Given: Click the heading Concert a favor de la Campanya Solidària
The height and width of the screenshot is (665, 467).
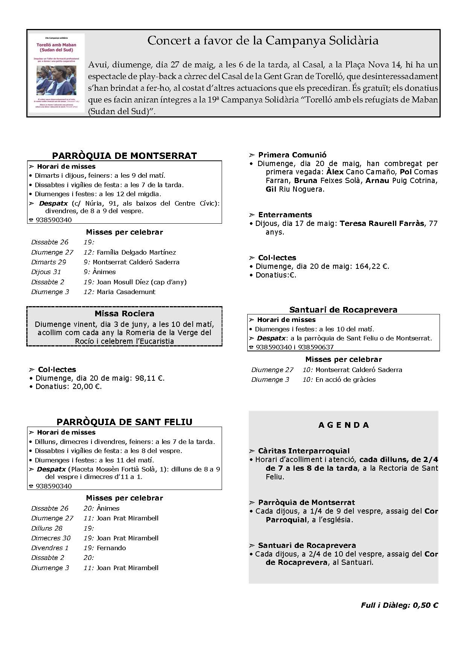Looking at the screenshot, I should tap(263, 41).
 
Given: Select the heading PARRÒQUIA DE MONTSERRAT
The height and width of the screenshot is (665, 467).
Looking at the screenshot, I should tap(124, 156).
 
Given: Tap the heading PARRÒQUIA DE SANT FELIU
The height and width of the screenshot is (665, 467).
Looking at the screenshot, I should tap(124, 422).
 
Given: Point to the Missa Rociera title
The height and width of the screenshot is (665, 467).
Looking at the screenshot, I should tap(124, 314).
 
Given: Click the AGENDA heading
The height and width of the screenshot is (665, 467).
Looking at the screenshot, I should tap(344, 425).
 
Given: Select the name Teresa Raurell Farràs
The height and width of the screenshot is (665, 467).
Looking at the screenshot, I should tap(382, 224).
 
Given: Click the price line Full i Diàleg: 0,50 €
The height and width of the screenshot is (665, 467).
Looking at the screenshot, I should tap(399, 606).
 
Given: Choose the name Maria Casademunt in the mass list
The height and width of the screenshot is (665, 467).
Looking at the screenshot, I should tap(126, 292).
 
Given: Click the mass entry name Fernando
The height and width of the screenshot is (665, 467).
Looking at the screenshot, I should tap(111, 548).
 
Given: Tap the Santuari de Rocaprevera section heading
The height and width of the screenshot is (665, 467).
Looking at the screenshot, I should tap(343, 310).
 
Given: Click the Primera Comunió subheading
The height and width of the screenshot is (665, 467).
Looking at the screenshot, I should tap(292, 155).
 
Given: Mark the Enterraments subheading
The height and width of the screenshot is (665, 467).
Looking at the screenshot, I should tap(285, 215).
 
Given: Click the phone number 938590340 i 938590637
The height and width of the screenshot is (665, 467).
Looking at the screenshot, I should tap(294, 347).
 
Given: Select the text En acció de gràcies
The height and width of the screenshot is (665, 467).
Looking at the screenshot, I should tap(345, 380).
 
